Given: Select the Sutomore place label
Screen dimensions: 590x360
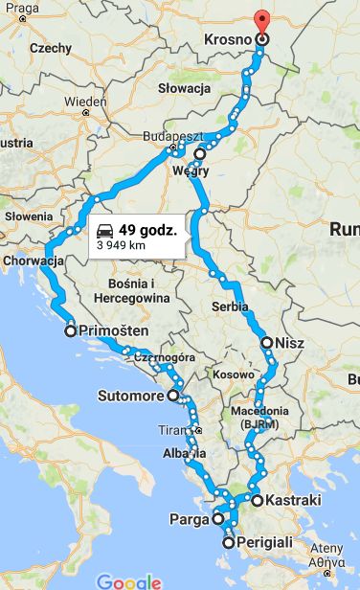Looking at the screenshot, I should [x=132, y=395].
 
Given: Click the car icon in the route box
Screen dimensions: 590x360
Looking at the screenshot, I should [x=103, y=230].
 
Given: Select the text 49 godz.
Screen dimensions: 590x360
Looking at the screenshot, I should [x=148, y=230].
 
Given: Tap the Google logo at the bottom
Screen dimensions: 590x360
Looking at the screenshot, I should [x=127, y=580].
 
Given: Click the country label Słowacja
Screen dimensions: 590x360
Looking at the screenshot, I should [x=184, y=88].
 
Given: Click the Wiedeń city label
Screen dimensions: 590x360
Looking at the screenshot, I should [x=85, y=102].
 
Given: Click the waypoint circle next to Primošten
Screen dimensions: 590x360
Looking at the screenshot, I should [x=70, y=331].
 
